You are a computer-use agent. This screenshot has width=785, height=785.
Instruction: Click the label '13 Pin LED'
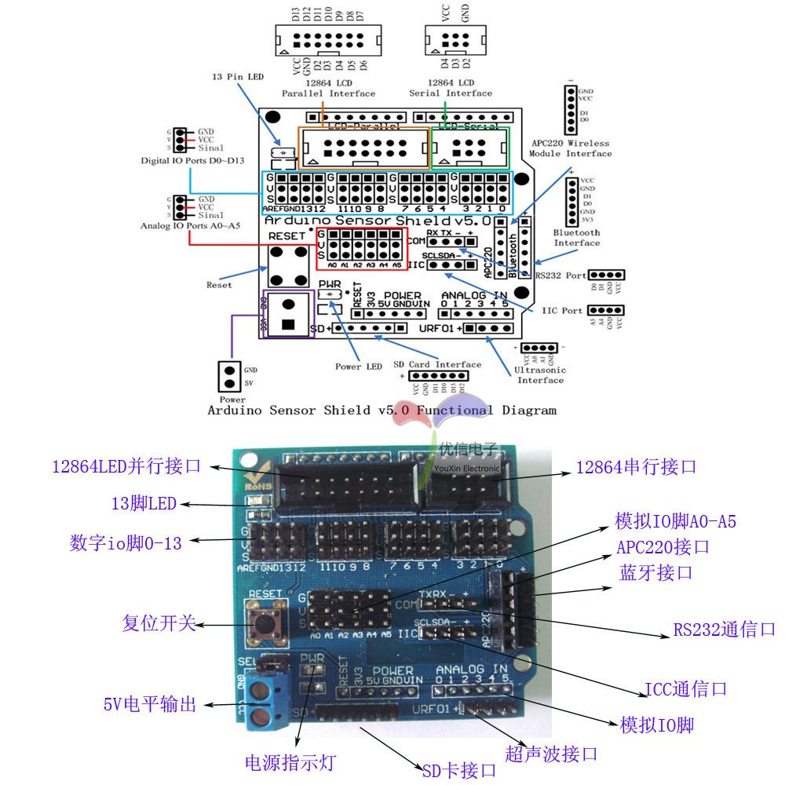coord(238,77)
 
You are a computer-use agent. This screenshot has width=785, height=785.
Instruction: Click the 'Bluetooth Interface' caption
coord(577,237)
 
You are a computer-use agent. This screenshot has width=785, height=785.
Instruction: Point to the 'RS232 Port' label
coord(560,276)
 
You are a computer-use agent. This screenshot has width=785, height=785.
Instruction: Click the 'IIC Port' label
coord(562,311)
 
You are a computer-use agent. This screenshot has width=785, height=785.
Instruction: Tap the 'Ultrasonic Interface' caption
coord(539,374)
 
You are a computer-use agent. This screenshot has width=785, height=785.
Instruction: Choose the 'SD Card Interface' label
coord(437,364)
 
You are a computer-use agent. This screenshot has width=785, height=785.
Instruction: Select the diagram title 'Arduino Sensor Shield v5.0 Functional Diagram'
coord(382,410)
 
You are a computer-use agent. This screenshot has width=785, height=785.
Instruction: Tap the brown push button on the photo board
coord(261,620)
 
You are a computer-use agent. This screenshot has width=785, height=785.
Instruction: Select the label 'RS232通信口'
coord(724,630)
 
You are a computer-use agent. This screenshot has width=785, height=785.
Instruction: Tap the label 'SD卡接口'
coord(459,771)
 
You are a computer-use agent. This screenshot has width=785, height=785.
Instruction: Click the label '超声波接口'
coord(551,754)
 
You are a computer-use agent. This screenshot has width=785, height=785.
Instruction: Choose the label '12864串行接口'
coord(636,467)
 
